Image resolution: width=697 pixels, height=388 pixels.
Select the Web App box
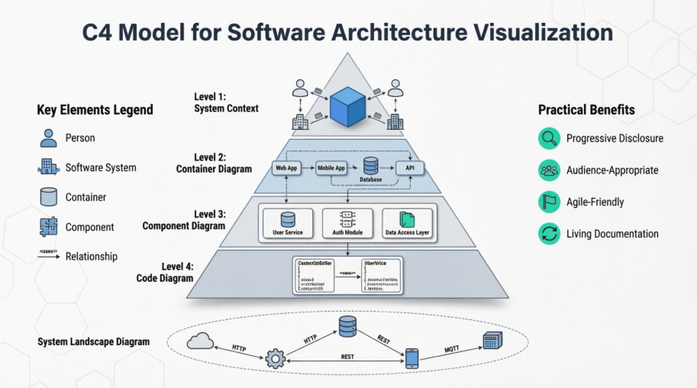pyautogui.click(x=287, y=167)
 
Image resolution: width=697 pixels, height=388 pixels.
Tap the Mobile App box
pyautogui.click(x=332, y=167)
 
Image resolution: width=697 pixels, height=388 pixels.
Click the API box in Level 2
pyautogui.click(x=408, y=167)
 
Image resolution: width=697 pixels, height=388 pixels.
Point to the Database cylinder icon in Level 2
pyautogui.click(x=371, y=165)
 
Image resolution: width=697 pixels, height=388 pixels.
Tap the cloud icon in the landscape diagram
pyautogui.click(x=200, y=341)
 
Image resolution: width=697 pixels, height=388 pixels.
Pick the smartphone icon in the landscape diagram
pyautogui.click(x=411, y=357)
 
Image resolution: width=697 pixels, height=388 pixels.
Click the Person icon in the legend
pyautogui.click(x=48, y=138)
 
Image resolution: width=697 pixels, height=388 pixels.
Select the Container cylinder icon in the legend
pyautogui.click(x=48, y=197)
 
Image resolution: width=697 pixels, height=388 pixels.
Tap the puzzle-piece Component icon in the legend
pyautogui.click(x=48, y=227)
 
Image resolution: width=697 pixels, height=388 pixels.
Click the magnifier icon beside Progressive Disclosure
pyautogui.click(x=549, y=138)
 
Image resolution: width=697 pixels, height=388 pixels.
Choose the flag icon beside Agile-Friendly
pyautogui.click(x=549, y=202)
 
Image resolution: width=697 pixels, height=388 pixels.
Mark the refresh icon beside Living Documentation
pyautogui.click(x=549, y=234)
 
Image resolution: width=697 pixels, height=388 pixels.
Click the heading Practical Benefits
pyautogui.click(x=586, y=110)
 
